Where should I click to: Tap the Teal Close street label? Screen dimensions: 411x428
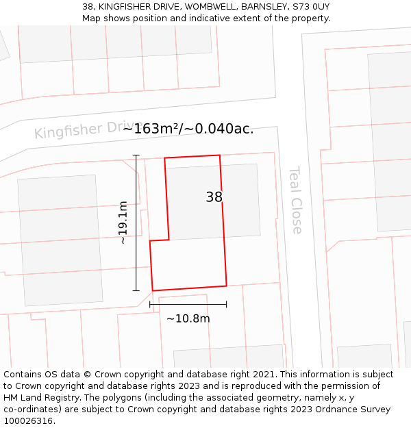[296, 199]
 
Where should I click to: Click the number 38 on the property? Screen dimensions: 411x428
[214, 197]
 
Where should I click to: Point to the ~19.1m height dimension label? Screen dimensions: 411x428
[123, 223]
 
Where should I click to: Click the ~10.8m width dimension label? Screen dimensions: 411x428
[188, 318]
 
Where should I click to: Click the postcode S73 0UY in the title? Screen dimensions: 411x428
[311, 7]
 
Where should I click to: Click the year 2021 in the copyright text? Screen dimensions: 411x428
[262, 375]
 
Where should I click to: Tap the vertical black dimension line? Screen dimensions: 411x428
[136, 223]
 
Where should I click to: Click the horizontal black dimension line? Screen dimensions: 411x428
[188, 304]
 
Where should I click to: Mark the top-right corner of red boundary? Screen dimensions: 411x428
[219, 155]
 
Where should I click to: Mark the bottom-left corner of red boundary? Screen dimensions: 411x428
[153, 290]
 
